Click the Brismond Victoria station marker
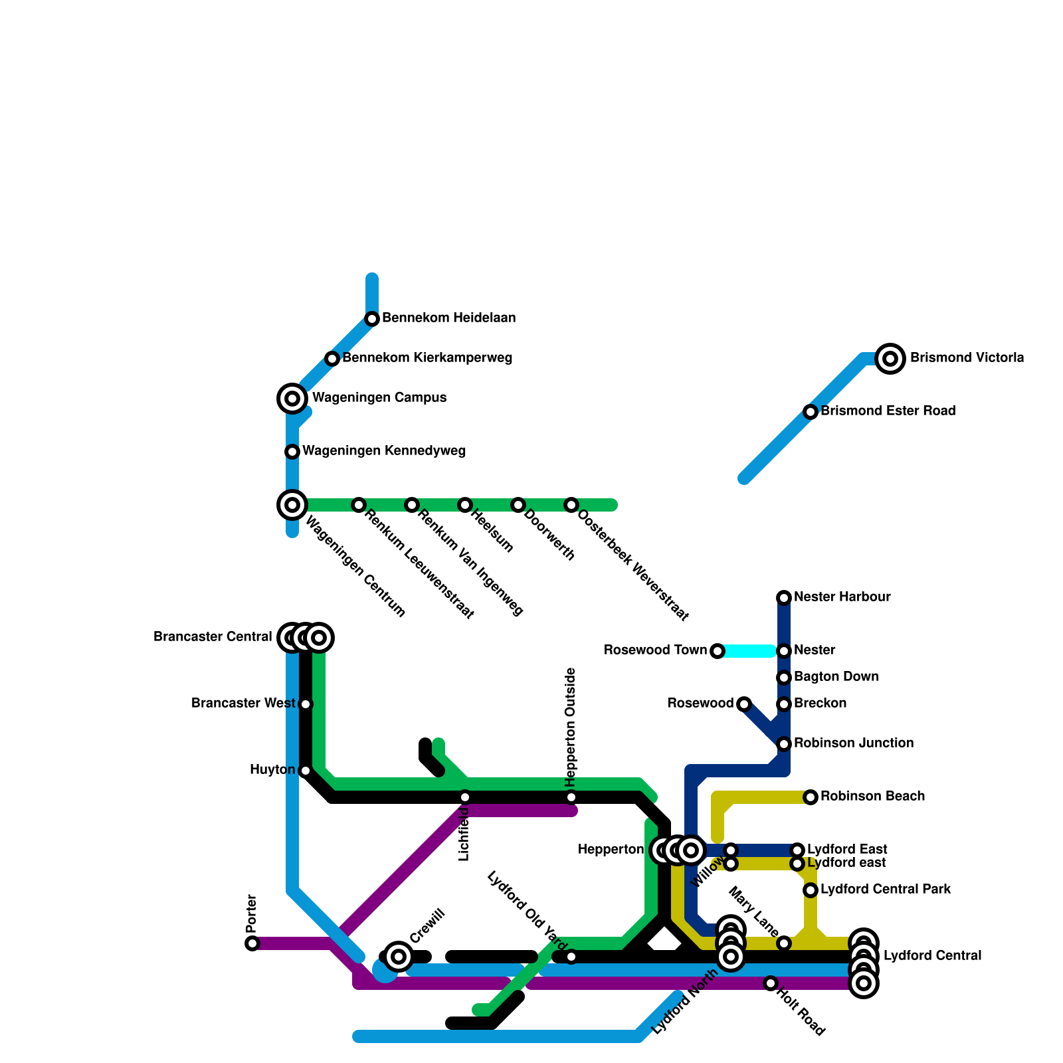tap(890, 359)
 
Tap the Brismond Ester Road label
tap(888, 411)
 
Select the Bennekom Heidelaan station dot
tap(372, 319)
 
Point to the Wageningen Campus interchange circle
tap(292, 399)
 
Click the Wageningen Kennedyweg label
tap(384, 451)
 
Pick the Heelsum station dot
tap(465, 505)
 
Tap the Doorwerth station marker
tap(518, 505)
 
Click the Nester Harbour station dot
tap(784, 598)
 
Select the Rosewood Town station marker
tap(718, 651)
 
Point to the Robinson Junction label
tap(854, 743)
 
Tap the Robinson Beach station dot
tap(811, 797)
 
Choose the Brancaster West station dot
tap(306, 704)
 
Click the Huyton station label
tap(272, 770)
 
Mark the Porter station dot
tap(252, 943)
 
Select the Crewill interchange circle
tap(399, 957)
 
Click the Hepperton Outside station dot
tap(571, 797)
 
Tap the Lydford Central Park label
tap(886, 889)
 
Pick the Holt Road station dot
tap(771, 983)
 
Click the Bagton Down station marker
tap(784, 678)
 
